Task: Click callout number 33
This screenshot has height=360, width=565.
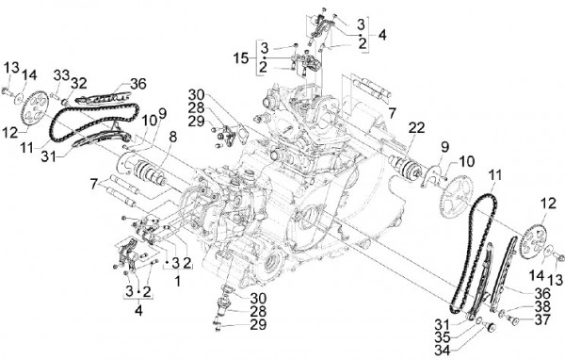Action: coord(61,74)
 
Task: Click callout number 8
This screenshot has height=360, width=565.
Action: coord(170,137)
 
